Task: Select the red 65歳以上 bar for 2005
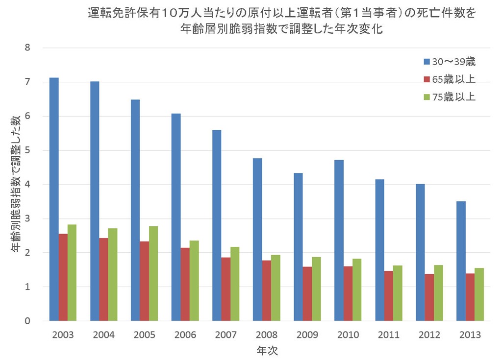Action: pyautogui.click(x=145, y=281)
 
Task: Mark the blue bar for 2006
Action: pyautogui.click(x=176, y=217)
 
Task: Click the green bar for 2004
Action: pyautogui.click(x=113, y=275)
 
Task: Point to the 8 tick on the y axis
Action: pyautogui.click(x=27, y=48)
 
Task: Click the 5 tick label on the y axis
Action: pyautogui.click(x=27, y=150)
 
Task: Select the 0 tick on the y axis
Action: pyautogui.click(x=27, y=321)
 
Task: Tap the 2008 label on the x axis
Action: pyautogui.click(x=267, y=335)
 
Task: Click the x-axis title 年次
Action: pyautogui.click(x=267, y=351)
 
